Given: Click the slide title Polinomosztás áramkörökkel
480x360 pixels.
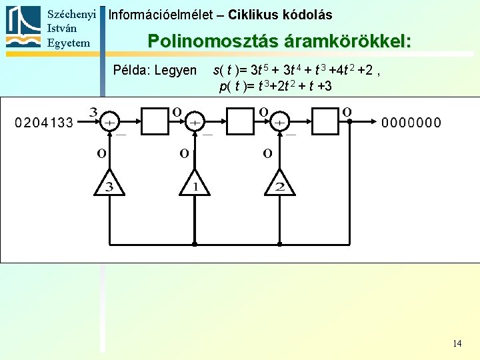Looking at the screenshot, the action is (x=279, y=41).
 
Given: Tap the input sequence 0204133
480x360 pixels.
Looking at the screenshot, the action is (x=44, y=123).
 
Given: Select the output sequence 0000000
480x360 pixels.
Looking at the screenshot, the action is (x=411, y=123).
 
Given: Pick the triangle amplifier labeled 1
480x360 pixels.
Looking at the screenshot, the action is (x=195, y=183).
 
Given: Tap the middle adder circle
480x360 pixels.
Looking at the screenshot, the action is (x=195, y=122).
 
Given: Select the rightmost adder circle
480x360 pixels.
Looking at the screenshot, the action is (x=280, y=122).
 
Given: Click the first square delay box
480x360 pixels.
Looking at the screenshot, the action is (x=154, y=122).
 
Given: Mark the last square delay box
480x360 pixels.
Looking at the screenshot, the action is (x=325, y=122).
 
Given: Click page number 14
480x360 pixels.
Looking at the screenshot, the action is (x=457, y=344).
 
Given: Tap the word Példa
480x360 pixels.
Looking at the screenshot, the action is (x=131, y=70).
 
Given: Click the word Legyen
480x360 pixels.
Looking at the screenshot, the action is (x=175, y=70).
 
